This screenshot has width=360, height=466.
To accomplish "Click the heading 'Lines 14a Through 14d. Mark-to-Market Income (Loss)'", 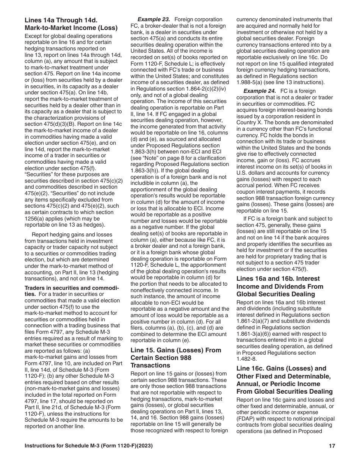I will (x=71, y=23).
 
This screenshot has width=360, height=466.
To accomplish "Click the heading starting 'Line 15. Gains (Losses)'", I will (x=176, y=358).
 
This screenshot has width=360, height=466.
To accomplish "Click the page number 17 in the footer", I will (x=332, y=446).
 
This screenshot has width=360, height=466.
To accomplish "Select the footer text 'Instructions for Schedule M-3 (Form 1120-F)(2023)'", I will (x=89, y=446).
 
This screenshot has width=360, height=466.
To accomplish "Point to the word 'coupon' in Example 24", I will (x=246, y=192).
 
